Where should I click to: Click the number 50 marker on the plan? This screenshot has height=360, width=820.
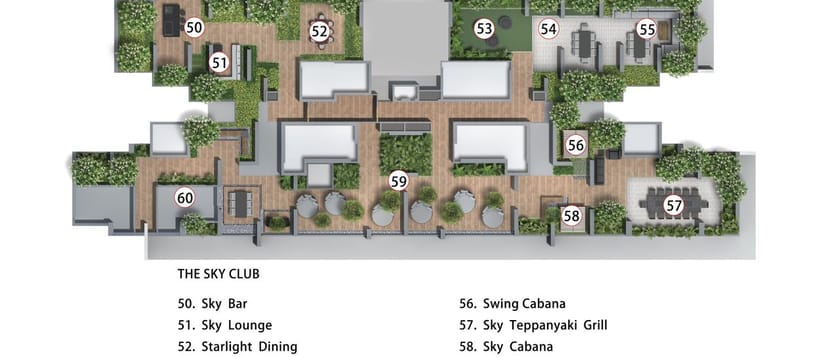coord(194,28)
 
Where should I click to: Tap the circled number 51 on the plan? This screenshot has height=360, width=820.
coord(220,63)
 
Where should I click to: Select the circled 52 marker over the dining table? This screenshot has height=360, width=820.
coord(319,31)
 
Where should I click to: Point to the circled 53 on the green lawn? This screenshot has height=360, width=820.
coord(484,29)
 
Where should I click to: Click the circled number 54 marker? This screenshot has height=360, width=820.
coord(548,29)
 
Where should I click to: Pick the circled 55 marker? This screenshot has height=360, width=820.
coord(647,30)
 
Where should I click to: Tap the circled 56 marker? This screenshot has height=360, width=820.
coord(576,145)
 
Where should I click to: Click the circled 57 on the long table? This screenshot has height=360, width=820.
coord(674,206)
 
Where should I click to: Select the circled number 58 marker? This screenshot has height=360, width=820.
coord(573,216)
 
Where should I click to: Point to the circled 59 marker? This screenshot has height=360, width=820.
coord(399,182)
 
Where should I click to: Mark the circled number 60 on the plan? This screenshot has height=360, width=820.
coord(185,198)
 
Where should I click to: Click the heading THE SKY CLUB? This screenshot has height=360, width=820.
coord(219,274)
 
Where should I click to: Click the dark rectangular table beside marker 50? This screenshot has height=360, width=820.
coord(171,20)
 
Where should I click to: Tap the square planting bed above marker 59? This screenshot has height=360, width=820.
coord(406,154)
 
